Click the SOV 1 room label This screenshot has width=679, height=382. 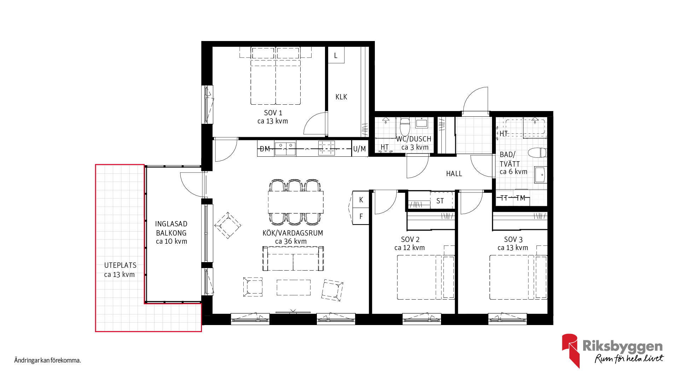point(273,113)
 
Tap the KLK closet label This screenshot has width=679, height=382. point(341,97)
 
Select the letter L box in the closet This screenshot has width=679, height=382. point(336,56)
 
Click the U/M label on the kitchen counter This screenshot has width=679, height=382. point(360,149)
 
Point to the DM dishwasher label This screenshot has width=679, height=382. point(265,149)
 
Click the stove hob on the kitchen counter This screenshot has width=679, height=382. point(326,148)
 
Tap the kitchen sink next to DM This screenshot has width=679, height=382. point(285,149)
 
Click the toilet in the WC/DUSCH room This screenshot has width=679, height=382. point(405,126)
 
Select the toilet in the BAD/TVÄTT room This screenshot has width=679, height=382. point(537,153)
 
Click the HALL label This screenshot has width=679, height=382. point(454,174)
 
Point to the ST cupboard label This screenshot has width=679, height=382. point(440,201)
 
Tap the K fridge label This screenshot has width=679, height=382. point(361,200)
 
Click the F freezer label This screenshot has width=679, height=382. point(361,216)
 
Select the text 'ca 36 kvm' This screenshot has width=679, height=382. point(291,241)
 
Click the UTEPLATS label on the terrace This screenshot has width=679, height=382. point(120,265)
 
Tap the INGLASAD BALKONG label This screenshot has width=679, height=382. point(171,228)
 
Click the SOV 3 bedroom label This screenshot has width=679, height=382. point(513,239)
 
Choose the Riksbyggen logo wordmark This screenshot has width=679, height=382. point(623,346)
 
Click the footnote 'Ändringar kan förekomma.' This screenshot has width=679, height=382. point(48,360)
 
